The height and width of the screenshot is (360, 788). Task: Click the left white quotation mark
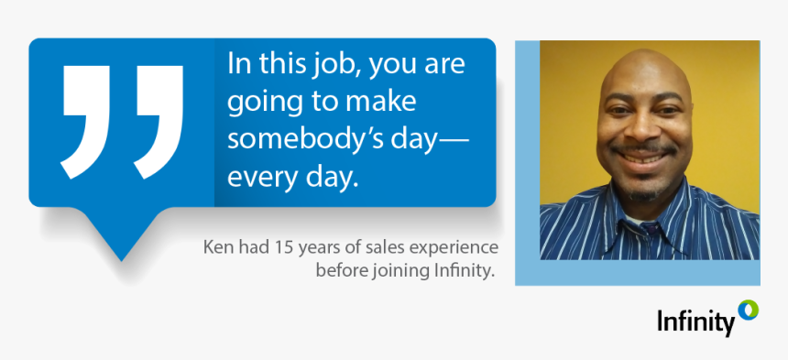click(x=86, y=122)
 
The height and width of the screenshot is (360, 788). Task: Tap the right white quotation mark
click(x=159, y=122)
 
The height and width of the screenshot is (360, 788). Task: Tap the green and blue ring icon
click(x=749, y=310)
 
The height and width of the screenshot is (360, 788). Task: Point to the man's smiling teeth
click(x=643, y=158)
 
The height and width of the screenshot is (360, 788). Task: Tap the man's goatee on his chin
click(x=643, y=193)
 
